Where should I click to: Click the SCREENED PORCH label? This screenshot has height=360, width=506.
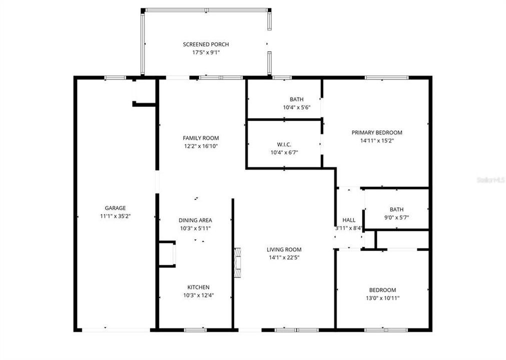coord(206,44)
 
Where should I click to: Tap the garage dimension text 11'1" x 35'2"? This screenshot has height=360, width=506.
coord(115,216)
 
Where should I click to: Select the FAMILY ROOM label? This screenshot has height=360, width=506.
coord(201,138)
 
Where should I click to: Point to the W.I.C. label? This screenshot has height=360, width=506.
coord(284,144)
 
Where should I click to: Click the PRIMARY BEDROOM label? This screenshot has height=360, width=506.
coord(377,132)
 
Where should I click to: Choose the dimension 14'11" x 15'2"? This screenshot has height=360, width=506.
coord(377,140)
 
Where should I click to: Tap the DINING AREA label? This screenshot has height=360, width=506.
coord(195,220)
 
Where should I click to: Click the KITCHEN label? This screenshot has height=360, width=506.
coord(199,287)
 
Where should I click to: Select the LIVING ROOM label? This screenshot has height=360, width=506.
coord(284,249)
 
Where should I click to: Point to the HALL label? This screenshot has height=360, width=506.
coord(349,220)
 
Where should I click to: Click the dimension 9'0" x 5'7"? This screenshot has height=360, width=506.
coord(396,217)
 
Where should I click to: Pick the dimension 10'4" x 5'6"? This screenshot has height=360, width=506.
coord(297,107)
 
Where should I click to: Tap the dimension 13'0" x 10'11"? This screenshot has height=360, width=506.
coord(382,298)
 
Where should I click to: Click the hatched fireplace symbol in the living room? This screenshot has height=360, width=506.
coord(238,262)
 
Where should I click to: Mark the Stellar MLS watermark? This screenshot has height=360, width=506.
coord(491,180)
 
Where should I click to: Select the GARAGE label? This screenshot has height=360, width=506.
coord(115,208)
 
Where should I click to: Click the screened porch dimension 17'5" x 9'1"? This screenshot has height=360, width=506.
coord(206,52)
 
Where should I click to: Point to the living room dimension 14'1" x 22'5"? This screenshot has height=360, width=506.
coord(284,257)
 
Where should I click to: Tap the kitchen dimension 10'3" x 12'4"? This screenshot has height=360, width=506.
coord(199,295)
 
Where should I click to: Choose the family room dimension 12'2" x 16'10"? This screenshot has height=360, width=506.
coord(201,146)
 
